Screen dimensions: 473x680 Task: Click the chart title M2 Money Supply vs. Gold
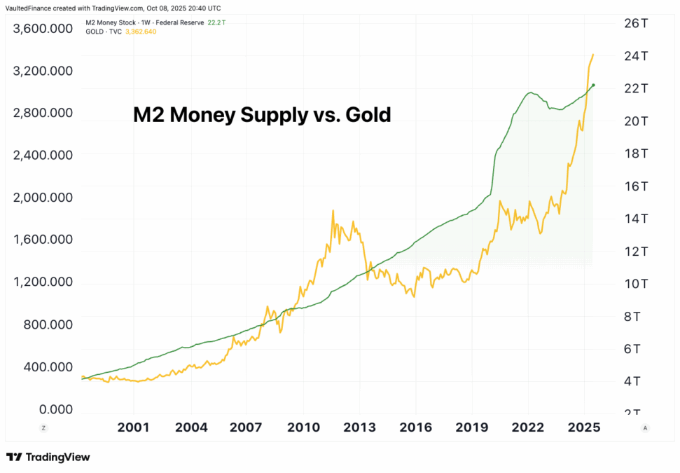262,115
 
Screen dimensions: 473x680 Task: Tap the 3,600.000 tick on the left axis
43,29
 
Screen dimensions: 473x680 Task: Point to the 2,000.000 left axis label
43,198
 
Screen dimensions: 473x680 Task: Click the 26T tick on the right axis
631,23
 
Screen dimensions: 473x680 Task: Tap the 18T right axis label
631,153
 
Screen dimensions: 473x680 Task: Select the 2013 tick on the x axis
360,427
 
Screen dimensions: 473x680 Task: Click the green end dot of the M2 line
594,85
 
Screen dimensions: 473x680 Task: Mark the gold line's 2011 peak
333,210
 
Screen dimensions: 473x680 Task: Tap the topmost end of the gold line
594,54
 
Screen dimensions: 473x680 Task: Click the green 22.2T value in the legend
217,23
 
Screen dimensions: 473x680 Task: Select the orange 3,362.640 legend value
140,32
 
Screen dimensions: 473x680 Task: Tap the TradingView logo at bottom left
48,457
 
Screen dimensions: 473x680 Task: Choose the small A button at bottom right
644,427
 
